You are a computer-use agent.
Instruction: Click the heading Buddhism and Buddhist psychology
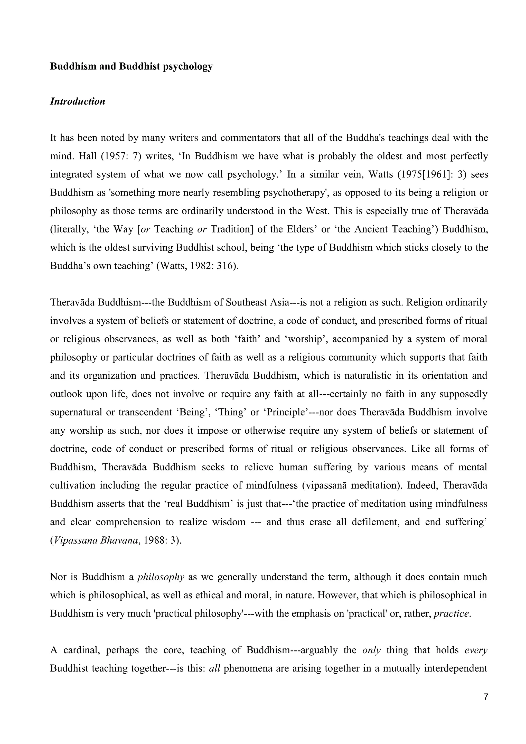(x=131, y=67)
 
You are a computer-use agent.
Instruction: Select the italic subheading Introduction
(x=77, y=101)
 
